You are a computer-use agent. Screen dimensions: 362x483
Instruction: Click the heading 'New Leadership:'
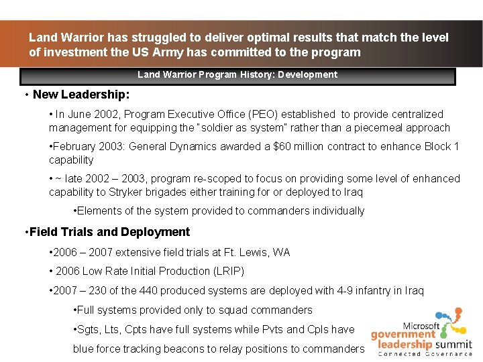click(81, 95)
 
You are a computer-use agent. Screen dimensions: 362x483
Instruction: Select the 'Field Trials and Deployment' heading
click(109, 232)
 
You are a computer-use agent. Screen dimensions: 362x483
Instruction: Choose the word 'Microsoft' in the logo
click(422, 325)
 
